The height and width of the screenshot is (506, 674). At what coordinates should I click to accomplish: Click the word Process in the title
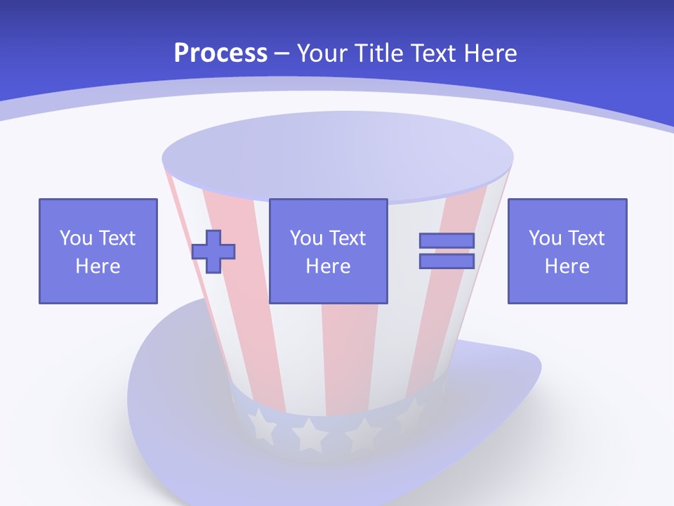point(220,53)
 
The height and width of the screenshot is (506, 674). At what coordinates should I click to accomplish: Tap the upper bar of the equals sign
point(447,240)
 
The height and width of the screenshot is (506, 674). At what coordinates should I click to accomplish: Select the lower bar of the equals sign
point(447,261)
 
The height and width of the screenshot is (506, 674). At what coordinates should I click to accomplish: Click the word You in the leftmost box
point(75,238)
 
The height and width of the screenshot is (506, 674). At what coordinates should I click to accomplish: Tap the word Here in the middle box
point(329,266)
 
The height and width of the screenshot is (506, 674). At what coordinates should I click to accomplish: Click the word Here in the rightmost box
point(567,266)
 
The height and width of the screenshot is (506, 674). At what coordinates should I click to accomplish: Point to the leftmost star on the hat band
point(263,424)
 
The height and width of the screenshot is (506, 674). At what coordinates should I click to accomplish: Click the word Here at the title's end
point(490,53)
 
